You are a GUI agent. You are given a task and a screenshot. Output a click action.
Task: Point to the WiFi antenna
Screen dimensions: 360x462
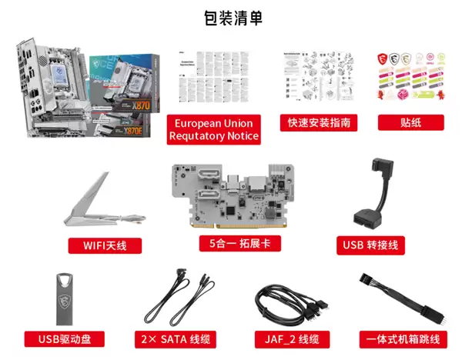[100, 202]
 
